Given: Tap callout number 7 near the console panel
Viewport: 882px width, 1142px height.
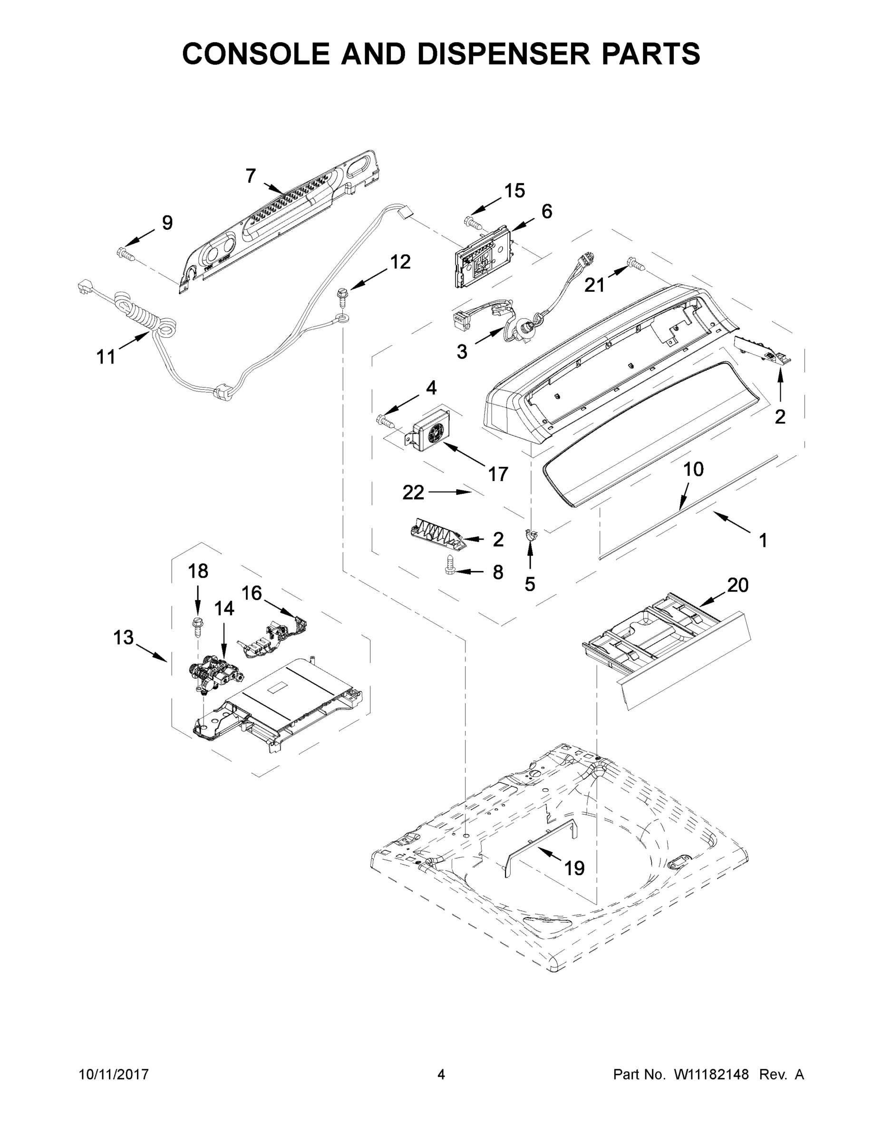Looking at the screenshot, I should (251, 176).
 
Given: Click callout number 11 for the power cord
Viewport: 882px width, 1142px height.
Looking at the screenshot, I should (106, 357).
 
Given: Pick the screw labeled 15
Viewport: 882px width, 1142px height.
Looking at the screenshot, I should (472, 222).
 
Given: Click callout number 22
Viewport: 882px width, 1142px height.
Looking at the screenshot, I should (413, 492).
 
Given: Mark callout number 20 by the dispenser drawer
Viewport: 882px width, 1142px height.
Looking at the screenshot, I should (737, 585).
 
